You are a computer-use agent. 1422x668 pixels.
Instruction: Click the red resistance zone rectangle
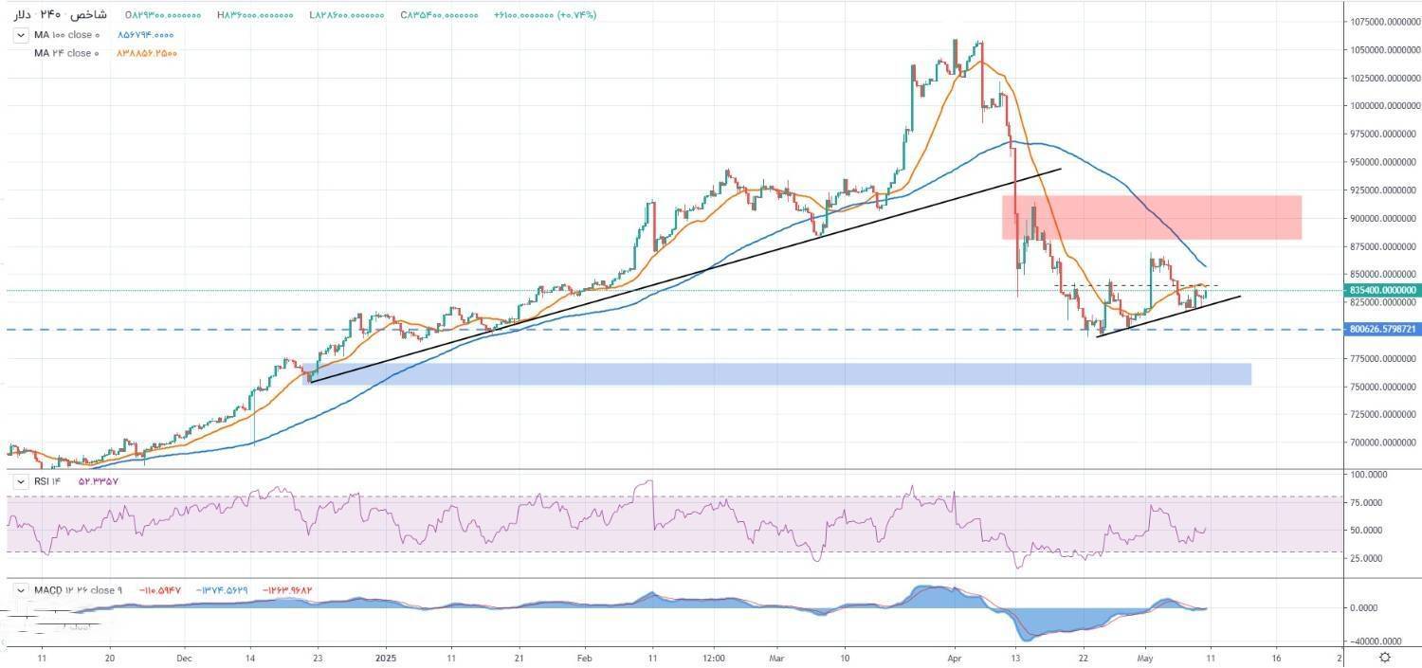click(x=1151, y=217)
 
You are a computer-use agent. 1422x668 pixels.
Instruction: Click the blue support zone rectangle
click(x=777, y=374)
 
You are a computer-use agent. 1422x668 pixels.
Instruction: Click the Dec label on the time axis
click(x=184, y=657)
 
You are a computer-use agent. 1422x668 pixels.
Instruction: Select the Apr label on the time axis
click(x=954, y=657)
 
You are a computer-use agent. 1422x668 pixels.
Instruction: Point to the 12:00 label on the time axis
click(x=715, y=657)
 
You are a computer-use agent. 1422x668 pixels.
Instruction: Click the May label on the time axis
click(x=1147, y=657)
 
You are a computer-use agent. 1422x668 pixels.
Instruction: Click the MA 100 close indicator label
click(x=64, y=35)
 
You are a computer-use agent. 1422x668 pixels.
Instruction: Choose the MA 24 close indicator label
click(x=64, y=53)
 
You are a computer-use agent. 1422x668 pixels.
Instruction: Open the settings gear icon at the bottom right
click(x=1386, y=657)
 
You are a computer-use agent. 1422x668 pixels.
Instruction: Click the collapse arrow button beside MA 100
click(x=20, y=35)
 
